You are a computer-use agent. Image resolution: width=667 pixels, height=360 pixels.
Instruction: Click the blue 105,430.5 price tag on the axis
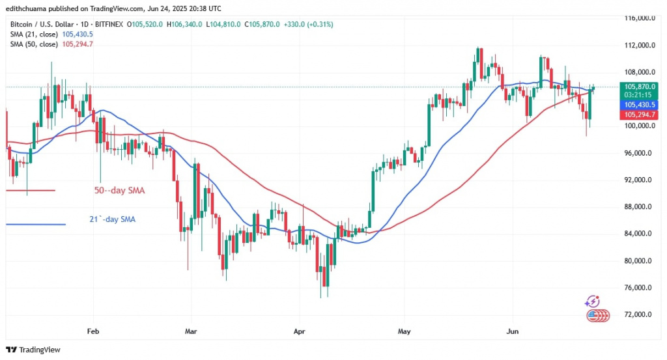click(x=636, y=104)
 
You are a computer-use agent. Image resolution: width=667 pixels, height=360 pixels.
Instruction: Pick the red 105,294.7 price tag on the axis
click(x=636, y=114)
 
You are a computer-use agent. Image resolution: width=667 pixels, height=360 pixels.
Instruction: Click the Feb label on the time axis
click(x=93, y=331)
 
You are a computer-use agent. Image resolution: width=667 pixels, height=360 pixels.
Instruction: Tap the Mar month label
click(x=192, y=331)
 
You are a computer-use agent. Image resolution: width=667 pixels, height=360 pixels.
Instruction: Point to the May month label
click(x=404, y=331)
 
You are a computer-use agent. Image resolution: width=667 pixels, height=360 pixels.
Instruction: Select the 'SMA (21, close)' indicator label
click(x=31, y=34)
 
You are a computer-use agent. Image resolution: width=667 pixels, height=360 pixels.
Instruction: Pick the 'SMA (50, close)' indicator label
click(x=31, y=44)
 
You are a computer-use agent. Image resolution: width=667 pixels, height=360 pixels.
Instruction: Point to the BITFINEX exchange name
click(x=111, y=24)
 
